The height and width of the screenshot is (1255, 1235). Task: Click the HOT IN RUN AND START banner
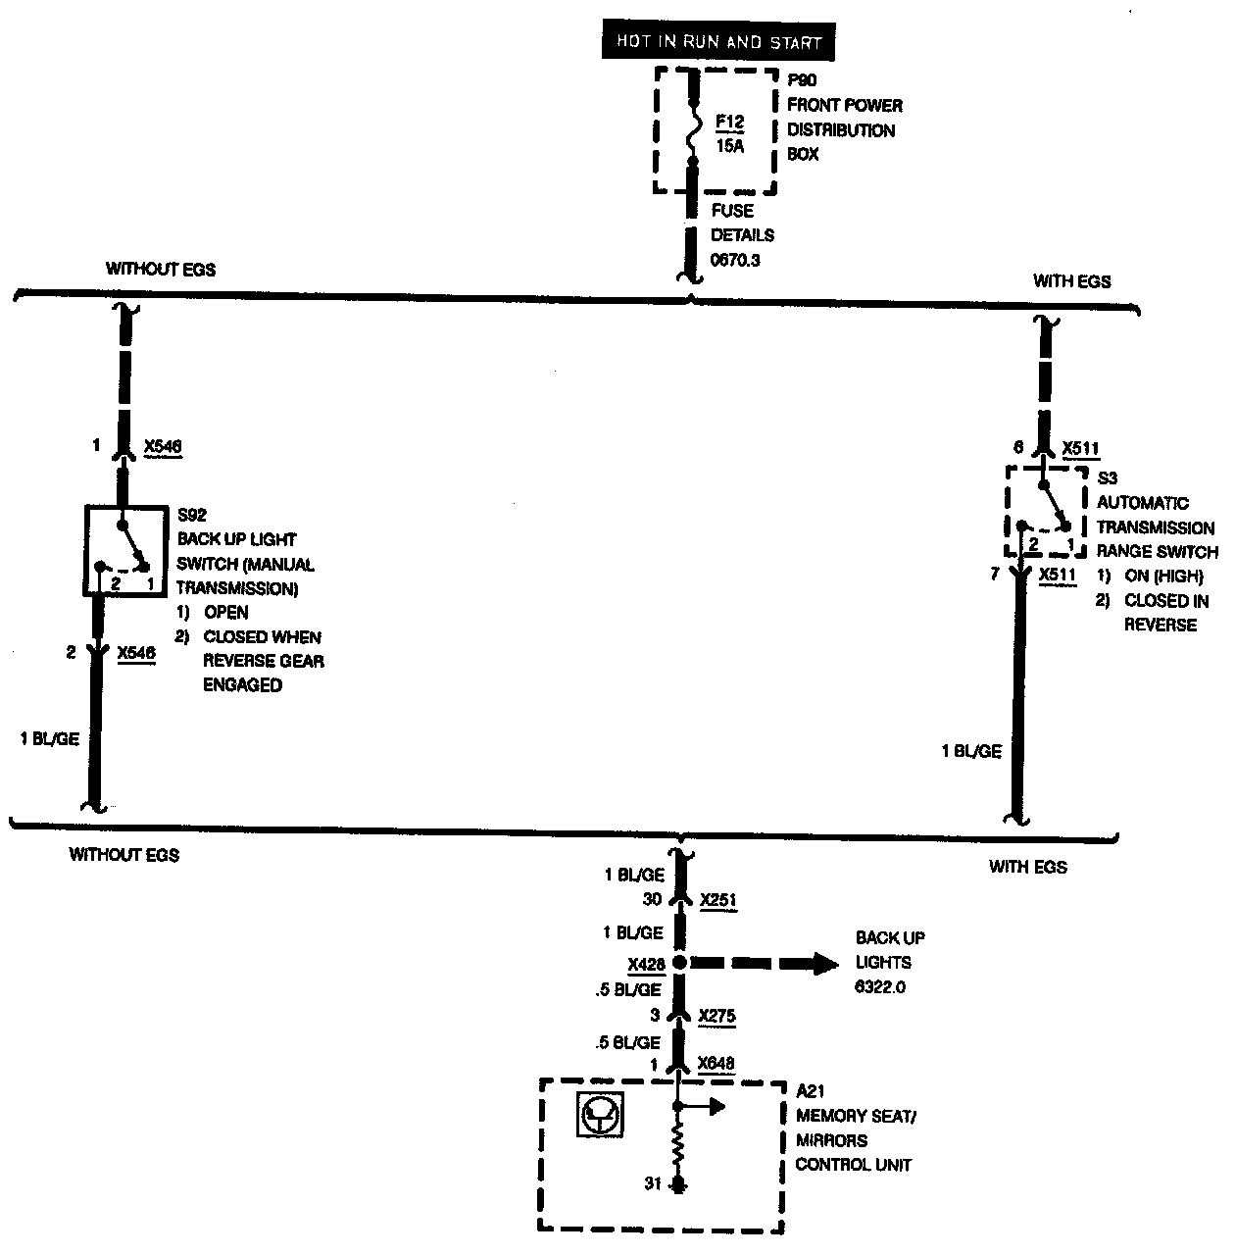pyautogui.click(x=718, y=42)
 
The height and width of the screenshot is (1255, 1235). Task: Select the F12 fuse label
pyautogui.click(x=729, y=123)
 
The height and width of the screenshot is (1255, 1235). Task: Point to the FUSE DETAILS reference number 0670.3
pyautogui.click(x=735, y=260)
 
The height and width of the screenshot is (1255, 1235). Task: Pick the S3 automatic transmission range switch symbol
pyautogui.click(x=1045, y=511)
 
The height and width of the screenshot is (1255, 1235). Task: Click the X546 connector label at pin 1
pyautogui.click(x=162, y=447)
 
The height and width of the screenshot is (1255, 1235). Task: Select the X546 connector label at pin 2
pyautogui.click(x=135, y=653)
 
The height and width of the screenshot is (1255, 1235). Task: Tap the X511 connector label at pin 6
pyautogui.click(x=1081, y=449)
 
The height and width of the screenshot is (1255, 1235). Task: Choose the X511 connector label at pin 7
pyautogui.click(x=1057, y=575)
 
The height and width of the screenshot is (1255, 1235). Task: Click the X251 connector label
pyautogui.click(x=717, y=900)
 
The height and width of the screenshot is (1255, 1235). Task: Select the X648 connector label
pyautogui.click(x=716, y=1064)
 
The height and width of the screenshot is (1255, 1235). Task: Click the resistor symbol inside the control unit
pyautogui.click(x=677, y=1150)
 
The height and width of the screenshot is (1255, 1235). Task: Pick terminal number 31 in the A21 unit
pyautogui.click(x=653, y=1184)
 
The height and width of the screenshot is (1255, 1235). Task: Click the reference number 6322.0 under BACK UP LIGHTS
pyautogui.click(x=880, y=987)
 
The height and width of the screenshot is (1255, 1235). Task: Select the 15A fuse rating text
pyautogui.click(x=730, y=147)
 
